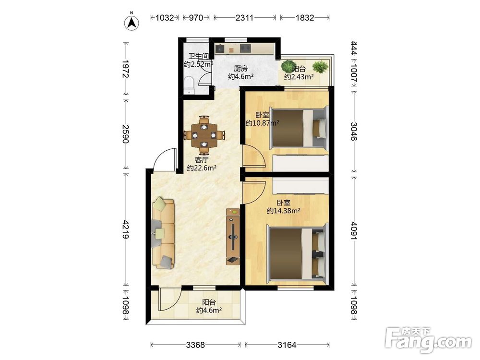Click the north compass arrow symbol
(x=132, y=23)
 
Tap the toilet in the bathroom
(x=190, y=85)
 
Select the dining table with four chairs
(x=204, y=135)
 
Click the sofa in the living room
(x=164, y=233)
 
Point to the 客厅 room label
(x=202, y=160)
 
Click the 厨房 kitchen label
(x=240, y=69)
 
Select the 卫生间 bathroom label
(x=198, y=56)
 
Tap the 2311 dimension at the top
(x=244, y=18)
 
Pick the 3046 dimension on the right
(x=354, y=131)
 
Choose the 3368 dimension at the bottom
(x=195, y=345)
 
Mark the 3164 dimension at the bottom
(x=287, y=345)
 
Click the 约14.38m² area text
(x=283, y=211)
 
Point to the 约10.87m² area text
(x=263, y=123)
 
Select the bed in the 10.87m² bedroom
(x=299, y=128)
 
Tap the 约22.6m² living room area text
(x=202, y=168)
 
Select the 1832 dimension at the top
(x=305, y=18)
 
